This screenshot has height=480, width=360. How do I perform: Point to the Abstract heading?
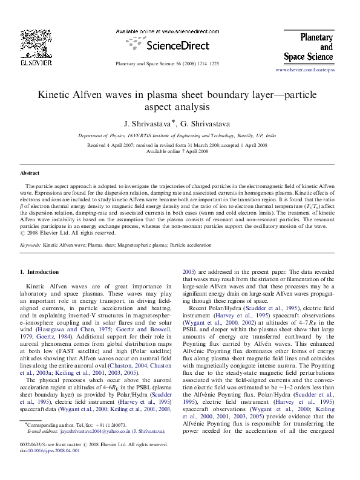pyautogui.click(x=30, y=173)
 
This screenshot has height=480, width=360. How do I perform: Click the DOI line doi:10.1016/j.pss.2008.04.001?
pyautogui.click(x=50, y=467)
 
